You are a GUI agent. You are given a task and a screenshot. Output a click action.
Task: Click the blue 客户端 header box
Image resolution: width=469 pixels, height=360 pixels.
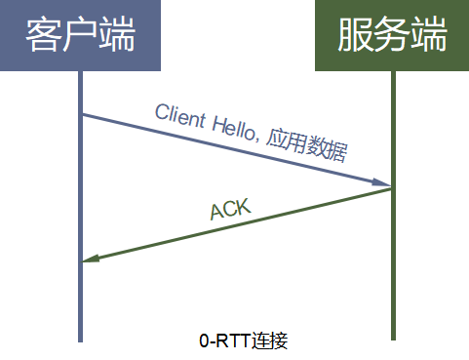(80, 36)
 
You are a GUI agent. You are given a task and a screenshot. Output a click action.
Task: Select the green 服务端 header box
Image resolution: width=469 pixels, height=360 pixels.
(392, 36)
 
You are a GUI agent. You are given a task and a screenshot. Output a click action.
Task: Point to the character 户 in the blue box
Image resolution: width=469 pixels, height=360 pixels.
(80, 36)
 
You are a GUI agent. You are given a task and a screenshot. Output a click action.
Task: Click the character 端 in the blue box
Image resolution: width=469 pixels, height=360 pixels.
(116, 36)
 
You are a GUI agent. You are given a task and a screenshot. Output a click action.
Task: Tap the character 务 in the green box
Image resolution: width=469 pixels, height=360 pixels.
(392, 36)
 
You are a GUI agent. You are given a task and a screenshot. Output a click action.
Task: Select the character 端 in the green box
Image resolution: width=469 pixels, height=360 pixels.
(429, 36)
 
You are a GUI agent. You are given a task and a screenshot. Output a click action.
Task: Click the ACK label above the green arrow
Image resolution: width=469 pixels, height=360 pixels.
(230, 207)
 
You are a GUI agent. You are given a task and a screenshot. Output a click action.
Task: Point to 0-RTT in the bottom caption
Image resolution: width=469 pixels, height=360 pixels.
(222, 341)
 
